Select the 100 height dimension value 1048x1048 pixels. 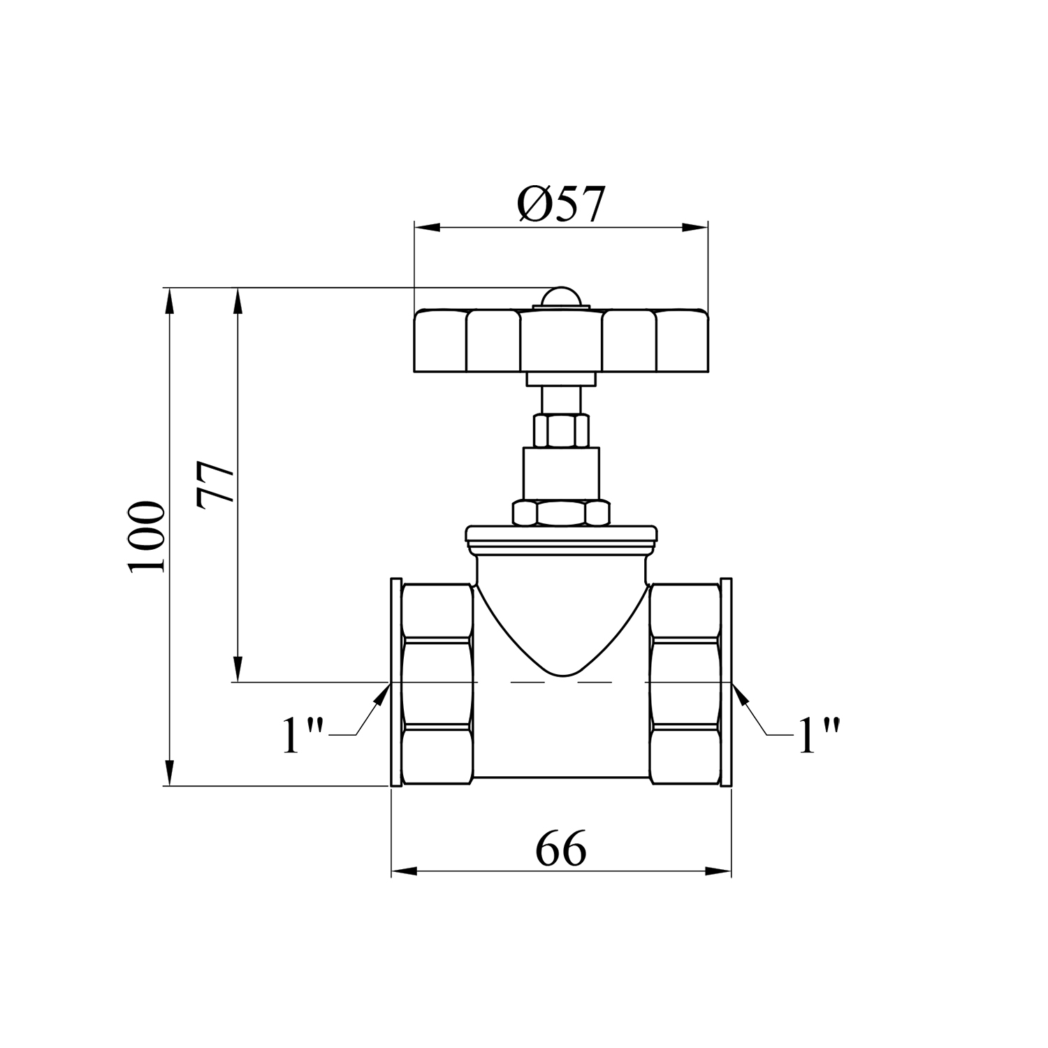coord(146,536)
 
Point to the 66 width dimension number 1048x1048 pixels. coord(561,848)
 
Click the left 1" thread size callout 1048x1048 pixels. coord(303,735)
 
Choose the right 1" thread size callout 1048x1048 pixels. coord(819,735)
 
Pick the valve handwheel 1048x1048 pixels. coord(561,340)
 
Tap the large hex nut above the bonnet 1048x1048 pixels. coord(562,513)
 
